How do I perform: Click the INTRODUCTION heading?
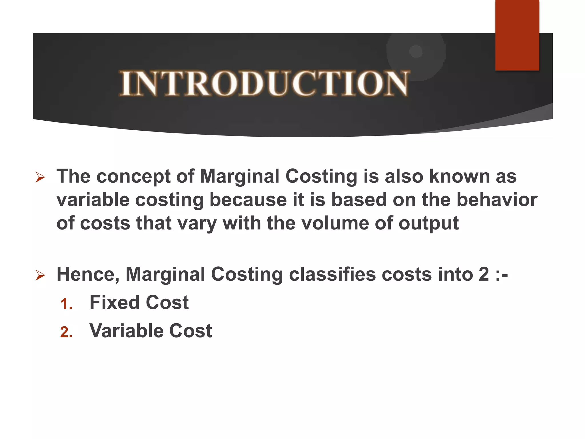point(264,83)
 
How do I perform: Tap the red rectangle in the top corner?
point(517,35)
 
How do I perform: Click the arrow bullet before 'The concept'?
point(40,177)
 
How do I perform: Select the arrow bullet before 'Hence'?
point(40,275)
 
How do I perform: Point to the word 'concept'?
point(133,177)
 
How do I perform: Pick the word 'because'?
point(248,199)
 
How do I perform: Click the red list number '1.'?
point(66,304)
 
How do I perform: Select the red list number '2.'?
point(66,332)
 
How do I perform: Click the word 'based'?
point(359,199)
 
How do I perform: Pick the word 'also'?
point(404,176)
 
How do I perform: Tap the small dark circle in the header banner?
point(416,51)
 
